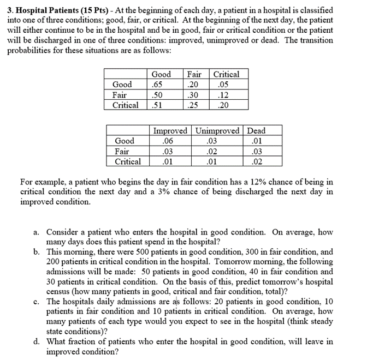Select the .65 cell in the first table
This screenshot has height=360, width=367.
(x=157, y=85)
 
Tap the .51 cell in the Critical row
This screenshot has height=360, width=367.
(x=157, y=105)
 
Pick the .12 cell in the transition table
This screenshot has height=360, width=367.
(x=222, y=95)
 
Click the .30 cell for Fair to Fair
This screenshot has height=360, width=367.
(x=193, y=95)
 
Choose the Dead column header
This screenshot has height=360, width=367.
(x=256, y=131)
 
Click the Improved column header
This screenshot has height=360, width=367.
(x=170, y=131)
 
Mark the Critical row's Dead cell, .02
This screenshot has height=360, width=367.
(x=257, y=161)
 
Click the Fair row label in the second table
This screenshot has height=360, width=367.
(x=122, y=151)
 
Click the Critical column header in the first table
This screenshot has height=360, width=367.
(x=226, y=74)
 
